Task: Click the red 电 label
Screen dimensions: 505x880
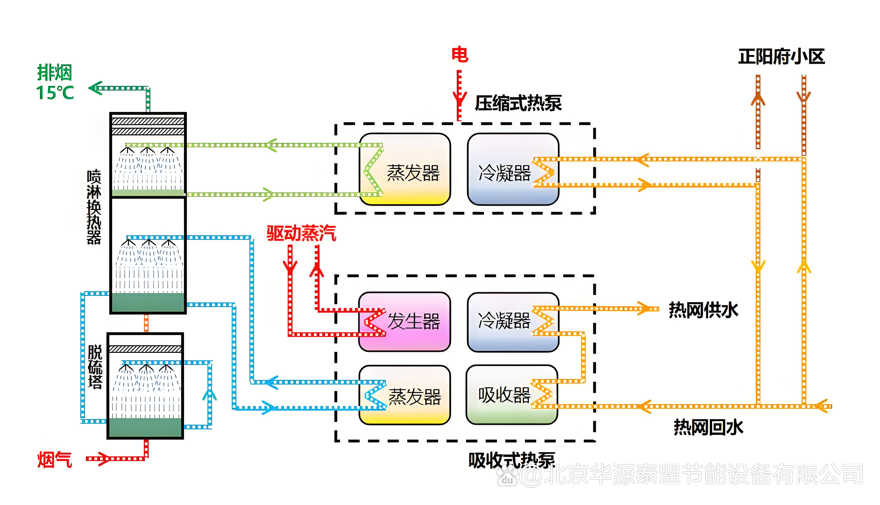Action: (x=460, y=55)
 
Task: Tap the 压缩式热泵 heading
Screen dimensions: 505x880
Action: (x=518, y=103)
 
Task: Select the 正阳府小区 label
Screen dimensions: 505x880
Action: (x=781, y=57)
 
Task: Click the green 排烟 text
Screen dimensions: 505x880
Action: (x=54, y=73)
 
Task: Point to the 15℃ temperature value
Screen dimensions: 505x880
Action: (x=55, y=93)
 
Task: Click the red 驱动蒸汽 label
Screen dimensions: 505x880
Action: (x=301, y=233)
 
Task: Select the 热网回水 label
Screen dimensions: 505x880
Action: (x=708, y=427)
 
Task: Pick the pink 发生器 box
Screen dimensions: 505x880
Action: (x=405, y=322)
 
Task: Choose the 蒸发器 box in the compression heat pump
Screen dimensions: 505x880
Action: (x=405, y=169)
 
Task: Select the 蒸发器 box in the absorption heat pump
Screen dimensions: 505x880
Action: (x=405, y=395)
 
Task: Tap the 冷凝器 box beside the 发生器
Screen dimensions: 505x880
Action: (x=513, y=322)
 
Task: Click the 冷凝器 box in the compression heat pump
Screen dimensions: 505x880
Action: (x=513, y=169)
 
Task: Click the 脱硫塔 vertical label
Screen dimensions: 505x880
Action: (x=95, y=367)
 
